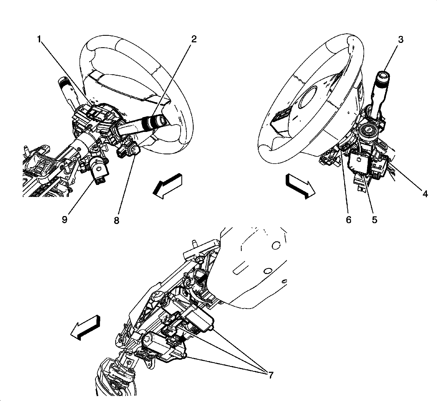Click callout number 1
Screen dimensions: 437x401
click(40, 40)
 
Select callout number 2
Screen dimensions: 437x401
click(193, 40)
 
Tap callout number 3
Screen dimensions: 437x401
click(400, 40)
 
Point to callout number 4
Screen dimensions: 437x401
click(425, 194)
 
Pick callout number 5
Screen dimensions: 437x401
click(374, 219)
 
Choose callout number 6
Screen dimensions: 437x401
click(349, 219)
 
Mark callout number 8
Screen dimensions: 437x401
click(117, 220)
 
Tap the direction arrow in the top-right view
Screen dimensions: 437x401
click(300, 186)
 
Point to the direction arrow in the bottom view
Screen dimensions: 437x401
click(85, 327)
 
